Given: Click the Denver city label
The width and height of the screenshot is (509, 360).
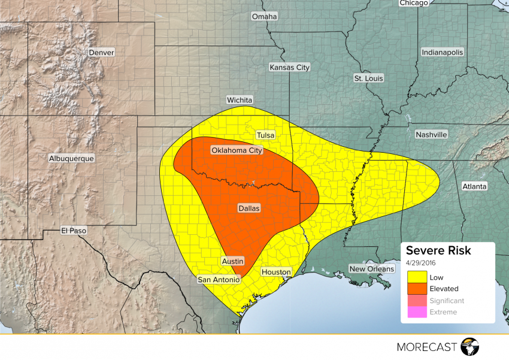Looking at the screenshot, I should (x=101, y=53).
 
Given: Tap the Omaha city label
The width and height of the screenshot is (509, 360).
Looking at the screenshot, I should (x=264, y=17).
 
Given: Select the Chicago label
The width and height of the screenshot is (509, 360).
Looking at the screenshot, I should (x=414, y=3).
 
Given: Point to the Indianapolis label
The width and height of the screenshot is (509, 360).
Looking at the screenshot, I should (x=443, y=53).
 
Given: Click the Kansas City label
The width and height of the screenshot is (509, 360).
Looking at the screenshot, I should (x=290, y=68).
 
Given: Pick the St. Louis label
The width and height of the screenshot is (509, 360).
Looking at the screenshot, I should (x=368, y=78).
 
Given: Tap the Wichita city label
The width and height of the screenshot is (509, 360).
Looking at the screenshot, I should (x=240, y=100).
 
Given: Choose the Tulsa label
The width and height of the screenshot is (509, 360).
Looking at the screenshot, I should (x=265, y=135).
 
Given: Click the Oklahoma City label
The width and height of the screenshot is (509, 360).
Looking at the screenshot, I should (x=237, y=150).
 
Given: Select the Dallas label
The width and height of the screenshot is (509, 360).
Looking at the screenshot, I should (x=249, y=208).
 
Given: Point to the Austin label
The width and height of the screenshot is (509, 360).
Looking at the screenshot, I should (x=232, y=261).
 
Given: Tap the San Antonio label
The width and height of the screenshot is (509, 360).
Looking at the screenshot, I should (x=219, y=280).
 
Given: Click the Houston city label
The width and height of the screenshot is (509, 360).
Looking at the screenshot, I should (x=276, y=272).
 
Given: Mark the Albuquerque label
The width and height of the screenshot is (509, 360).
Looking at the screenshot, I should (x=71, y=158).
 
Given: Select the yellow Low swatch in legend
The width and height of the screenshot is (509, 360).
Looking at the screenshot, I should (x=417, y=277).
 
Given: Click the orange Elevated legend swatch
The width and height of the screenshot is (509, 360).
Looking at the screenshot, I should (x=417, y=289).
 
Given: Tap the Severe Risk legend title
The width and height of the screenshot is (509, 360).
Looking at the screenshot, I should (x=438, y=250).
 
